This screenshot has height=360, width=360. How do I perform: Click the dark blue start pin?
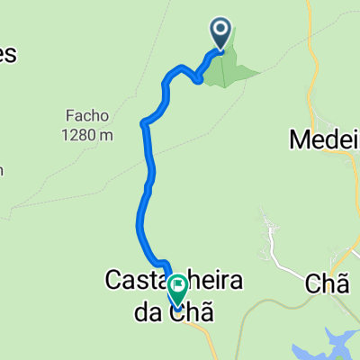221,33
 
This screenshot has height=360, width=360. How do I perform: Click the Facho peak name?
87,116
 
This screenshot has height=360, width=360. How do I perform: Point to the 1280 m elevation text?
87,135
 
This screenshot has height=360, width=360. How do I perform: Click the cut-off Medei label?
324,139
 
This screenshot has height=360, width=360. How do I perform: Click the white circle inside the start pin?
221,30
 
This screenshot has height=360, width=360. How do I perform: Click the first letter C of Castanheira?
115,281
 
